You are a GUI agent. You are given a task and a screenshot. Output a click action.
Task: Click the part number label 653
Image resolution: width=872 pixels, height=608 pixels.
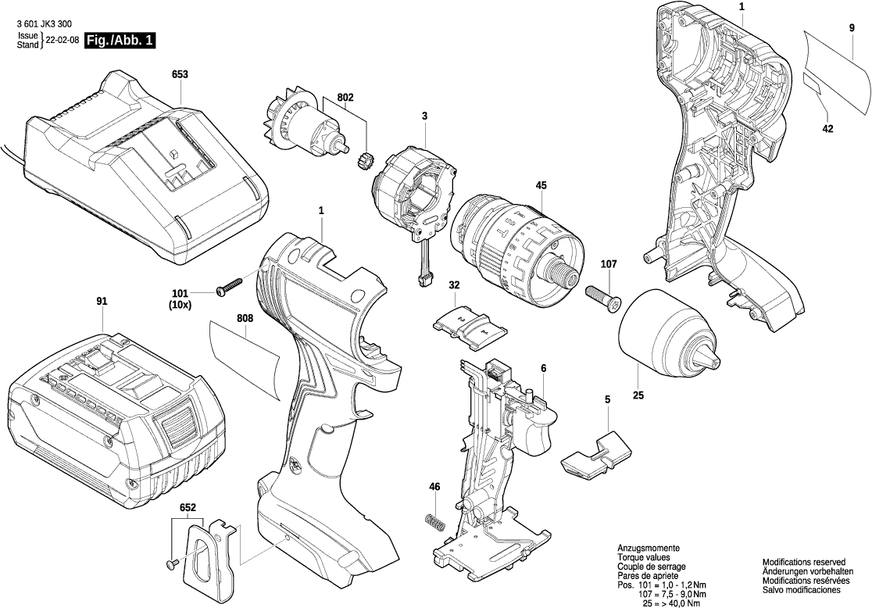tap(180, 75)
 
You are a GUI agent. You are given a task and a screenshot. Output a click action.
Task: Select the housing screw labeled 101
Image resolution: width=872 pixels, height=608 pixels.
tap(228, 287)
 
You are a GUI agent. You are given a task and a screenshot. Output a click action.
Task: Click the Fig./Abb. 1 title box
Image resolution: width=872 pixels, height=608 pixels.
tap(119, 41)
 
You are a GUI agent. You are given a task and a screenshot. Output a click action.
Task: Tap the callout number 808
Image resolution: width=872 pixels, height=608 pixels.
tap(245, 319)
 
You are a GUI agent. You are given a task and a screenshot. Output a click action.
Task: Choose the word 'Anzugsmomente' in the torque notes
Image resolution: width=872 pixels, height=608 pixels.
tap(648, 549)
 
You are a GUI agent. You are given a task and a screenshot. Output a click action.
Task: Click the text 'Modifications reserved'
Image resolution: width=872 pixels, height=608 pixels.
tap(804, 562)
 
